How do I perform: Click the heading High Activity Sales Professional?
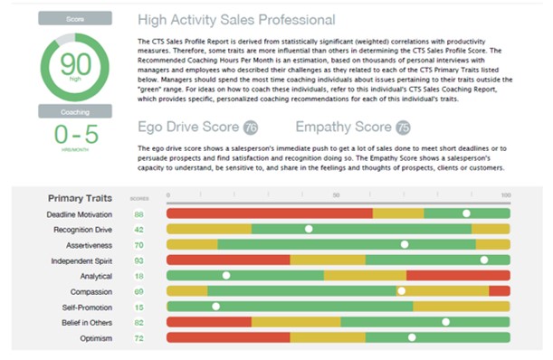[x=236, y=19]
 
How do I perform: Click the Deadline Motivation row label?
[x=80, y=214]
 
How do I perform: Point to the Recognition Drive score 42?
[x=139, y=230]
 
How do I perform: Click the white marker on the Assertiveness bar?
[x=405, y=245]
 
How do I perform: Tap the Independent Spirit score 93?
[x=139, y=261]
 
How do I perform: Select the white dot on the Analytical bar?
[x=226, y=276]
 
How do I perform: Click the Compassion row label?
[x=91, y=291]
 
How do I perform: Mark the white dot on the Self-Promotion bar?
[x=215, y=307]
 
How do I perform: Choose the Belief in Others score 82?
[x=139, y=322]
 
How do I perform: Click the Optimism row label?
[x=94, y=337]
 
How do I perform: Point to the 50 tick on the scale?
[x=337, y=195]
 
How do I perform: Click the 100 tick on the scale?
[x=505, y=195]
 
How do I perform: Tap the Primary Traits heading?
[x=80, y=197]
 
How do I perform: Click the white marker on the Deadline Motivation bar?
[x=466, y=214]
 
